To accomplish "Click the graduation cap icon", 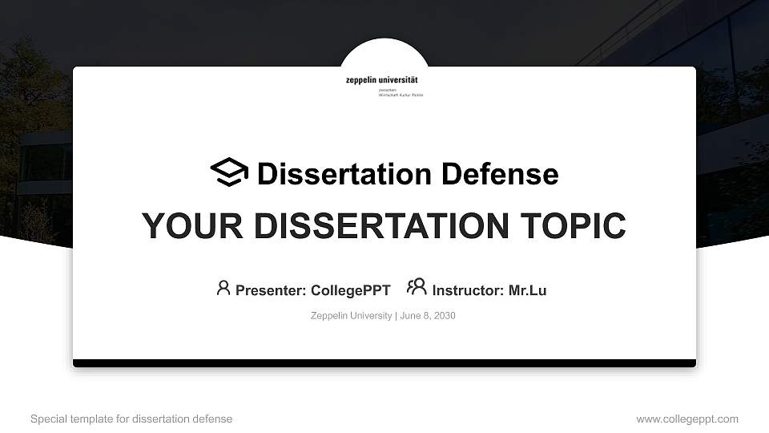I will (x=229, y=172).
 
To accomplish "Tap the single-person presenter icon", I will (x=223, y=288).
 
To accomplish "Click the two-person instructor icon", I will (x=417, y=287).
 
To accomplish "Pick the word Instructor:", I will (x=468, y=290).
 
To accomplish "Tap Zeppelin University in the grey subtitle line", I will (x=351, y=316).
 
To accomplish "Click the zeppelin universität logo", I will (x=382, y=80).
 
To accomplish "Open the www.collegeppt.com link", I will (x=687, y=419).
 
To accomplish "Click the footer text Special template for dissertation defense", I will (x=131, y=419).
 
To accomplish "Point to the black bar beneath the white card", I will (x=384, y=363).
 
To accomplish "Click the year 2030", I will (x=445, y=316).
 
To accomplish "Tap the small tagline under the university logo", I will (x=401, y=93).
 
